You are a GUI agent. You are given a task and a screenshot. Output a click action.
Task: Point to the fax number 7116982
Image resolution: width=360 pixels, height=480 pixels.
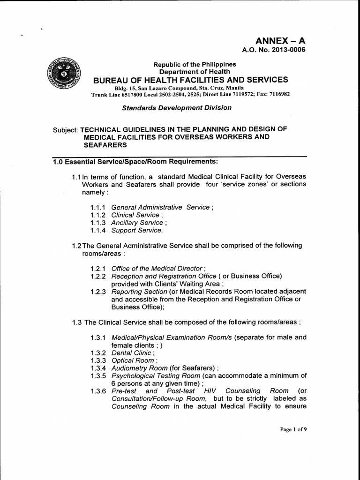tap(278, 94)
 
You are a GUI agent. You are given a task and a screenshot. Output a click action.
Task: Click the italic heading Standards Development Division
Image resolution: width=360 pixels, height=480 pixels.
tap(177, 107)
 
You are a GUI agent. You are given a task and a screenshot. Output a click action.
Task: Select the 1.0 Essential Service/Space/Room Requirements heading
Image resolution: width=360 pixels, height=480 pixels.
tap(135, 162)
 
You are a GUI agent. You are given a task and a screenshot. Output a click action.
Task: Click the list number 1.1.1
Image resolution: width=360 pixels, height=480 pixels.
tap(98, 207)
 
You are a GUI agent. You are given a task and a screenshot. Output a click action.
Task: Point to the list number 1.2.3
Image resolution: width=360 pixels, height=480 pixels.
tap(98, 292)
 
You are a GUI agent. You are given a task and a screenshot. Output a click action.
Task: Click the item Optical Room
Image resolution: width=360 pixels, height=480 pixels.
tap(132, 360)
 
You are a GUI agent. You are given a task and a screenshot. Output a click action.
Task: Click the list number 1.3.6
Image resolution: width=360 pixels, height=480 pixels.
tap(98, 390)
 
